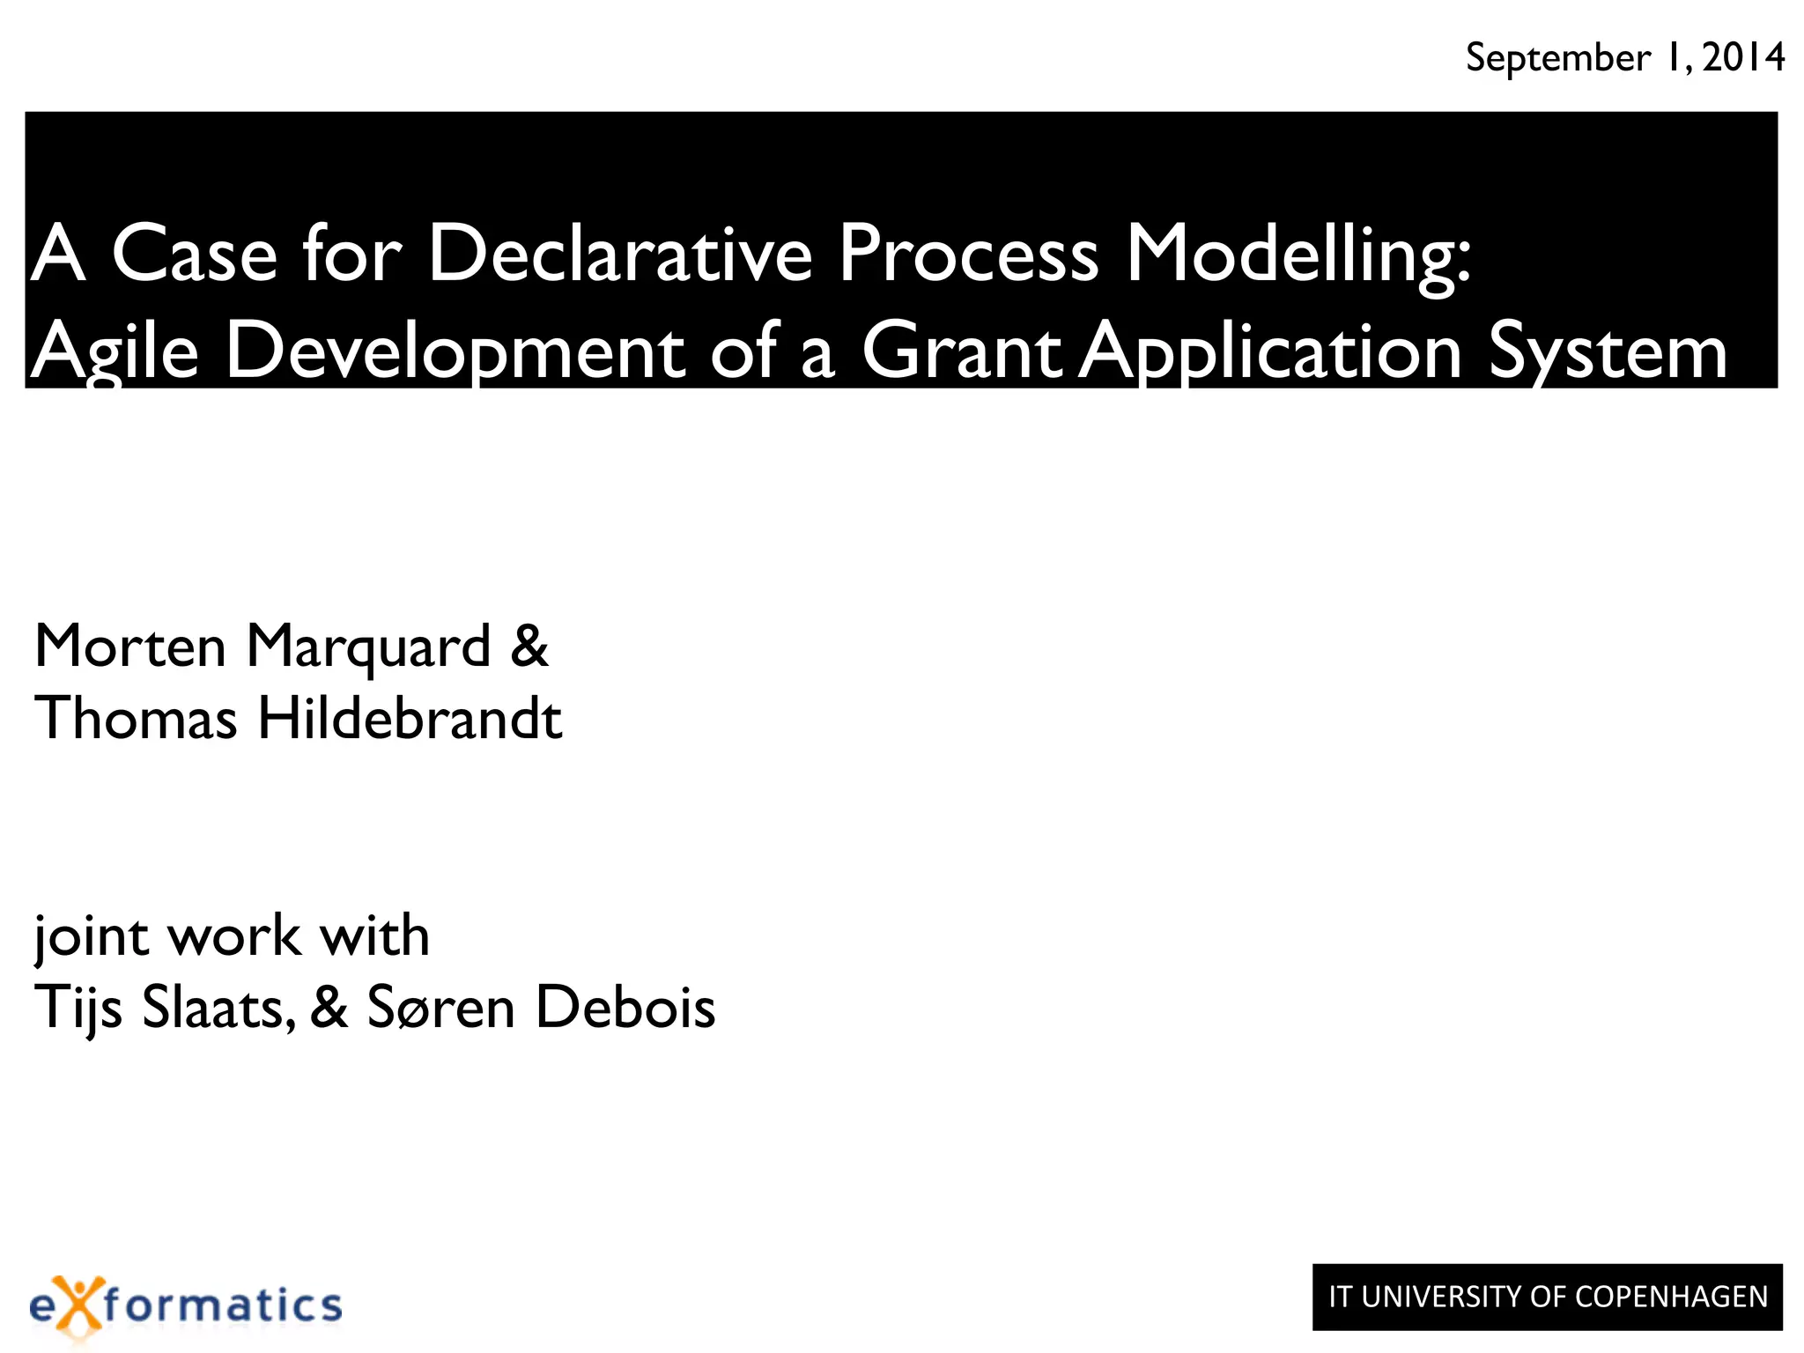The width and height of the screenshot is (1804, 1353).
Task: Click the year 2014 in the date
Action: (1743, 58)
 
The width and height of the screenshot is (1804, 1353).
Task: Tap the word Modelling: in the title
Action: (1298, 255)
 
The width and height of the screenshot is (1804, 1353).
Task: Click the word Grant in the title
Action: (961, 351)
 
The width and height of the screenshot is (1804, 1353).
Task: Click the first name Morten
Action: (130, 647)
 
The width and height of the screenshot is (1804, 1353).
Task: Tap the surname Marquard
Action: (368, 648)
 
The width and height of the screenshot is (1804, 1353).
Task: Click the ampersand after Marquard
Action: (529, 647)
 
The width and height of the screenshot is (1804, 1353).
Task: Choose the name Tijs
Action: (78, 1008)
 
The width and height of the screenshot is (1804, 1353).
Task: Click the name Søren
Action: (440, 1008)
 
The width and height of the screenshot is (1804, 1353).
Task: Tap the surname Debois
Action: (625, 1008)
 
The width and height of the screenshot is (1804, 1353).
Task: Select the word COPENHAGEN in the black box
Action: (1671, 1298)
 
